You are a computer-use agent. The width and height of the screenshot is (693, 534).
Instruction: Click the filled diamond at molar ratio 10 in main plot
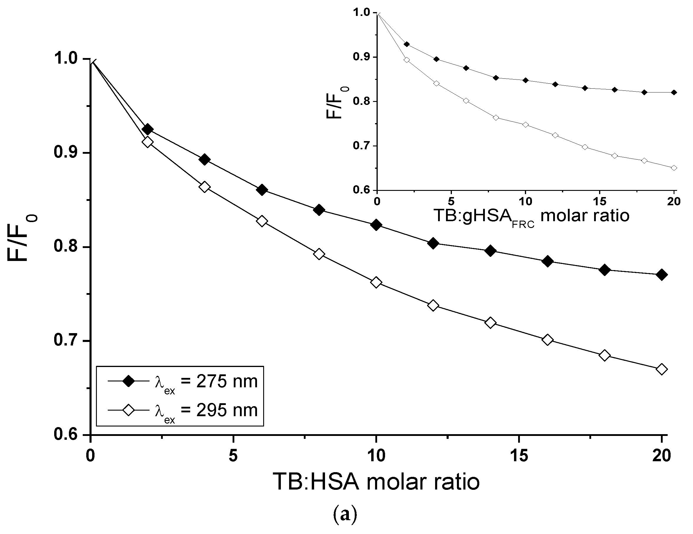376,225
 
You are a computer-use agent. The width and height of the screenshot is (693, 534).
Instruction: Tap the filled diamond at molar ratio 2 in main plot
147,129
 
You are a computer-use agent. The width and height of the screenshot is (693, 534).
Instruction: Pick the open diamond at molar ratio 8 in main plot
319,254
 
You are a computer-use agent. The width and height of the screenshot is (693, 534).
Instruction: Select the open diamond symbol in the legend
129,411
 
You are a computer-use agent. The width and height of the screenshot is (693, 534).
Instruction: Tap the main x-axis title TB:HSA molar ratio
376,482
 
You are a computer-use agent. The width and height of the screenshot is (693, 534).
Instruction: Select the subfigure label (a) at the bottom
345,515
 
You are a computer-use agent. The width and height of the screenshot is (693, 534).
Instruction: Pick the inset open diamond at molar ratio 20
674,168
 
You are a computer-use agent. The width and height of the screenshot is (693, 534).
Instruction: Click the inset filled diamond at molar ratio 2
407,44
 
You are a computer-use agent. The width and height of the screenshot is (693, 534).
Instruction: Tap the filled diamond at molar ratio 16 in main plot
548,261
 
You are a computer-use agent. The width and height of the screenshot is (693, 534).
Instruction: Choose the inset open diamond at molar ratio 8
496,118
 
